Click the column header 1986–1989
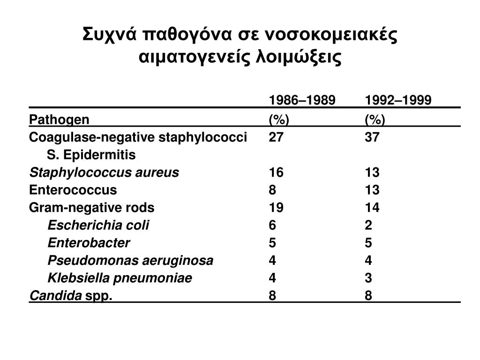coord(302,101)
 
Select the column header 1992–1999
coord(398,101)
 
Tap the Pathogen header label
coord(59,120)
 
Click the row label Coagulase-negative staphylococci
coord(138,137)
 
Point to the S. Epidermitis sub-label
coord(91,155)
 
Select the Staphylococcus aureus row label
coord(104,172)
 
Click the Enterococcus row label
coord(73,190)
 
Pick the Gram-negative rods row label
coord(92,208)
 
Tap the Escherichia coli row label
coord(98,225)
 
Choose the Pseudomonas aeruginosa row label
coord(130,261)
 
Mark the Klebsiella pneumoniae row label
coord(120,278)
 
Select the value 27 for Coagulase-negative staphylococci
coord(276,137)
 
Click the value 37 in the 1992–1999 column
coord(373,137)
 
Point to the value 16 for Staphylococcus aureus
coord(276,172)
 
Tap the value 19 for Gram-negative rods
coord(276,208)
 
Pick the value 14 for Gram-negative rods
coord(373,208)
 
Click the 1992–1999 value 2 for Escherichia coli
coord(369,225)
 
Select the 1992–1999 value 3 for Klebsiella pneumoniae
coord(369,278)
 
